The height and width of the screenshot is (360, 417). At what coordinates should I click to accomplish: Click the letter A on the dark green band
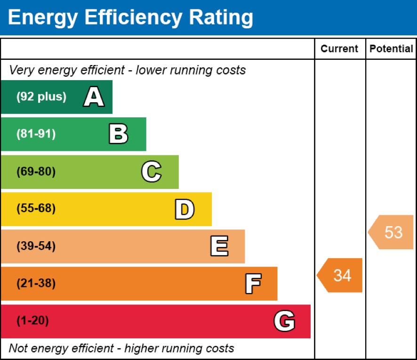coord(94,98)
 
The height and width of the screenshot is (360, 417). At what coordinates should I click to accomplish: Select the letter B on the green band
coord(118,134)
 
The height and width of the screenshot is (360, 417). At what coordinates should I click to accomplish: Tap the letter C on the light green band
coord(151,172)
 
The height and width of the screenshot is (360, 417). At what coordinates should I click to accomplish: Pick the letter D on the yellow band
coord(184,209)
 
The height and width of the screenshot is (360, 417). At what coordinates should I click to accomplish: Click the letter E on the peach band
coord(219,246)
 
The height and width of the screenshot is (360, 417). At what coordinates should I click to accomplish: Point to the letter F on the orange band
coord(253,284)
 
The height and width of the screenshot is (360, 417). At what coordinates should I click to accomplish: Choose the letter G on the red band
coord(284,321)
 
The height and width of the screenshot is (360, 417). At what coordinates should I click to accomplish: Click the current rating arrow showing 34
coord(340,275)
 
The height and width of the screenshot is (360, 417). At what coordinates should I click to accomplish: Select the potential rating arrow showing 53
coord(392,232)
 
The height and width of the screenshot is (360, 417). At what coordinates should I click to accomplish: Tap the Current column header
coord(339,49)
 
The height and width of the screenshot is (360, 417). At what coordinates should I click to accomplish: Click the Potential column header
coord(391,49)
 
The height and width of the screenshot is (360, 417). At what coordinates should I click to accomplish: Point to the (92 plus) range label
coord(41,97)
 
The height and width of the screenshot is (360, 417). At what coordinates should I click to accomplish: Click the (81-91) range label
coord(36,134)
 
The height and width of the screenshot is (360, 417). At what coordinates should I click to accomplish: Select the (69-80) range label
coord(36,172)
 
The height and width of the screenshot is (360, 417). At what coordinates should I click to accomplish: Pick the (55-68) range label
coord(36,209)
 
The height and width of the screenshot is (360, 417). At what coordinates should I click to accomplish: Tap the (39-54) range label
coord(36,246)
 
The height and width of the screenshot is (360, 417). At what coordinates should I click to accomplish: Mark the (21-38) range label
coord(36,284)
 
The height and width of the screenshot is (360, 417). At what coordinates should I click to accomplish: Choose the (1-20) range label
coord(32,321)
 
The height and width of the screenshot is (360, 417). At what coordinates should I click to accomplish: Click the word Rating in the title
coord(221,18)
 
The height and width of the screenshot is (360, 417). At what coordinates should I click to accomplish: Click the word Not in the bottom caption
coord(18,349)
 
